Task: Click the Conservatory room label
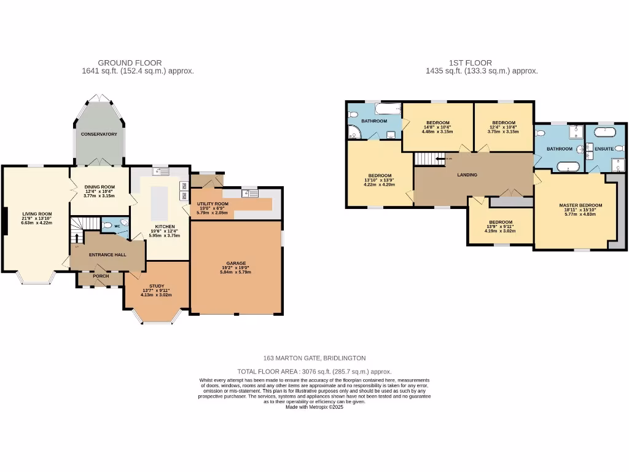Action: point(99,134)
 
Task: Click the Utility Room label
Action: point(213,203)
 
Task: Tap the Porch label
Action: point(101,276)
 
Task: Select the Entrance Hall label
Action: point(107,254)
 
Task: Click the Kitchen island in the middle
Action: point(159,200)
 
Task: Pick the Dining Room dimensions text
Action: point(99,194)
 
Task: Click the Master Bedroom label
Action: point(580,205)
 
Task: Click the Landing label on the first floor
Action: point(467,175)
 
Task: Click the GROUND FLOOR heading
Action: point(130,63)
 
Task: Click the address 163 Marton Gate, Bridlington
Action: point(314,358)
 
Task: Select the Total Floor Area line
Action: point(314,371)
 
